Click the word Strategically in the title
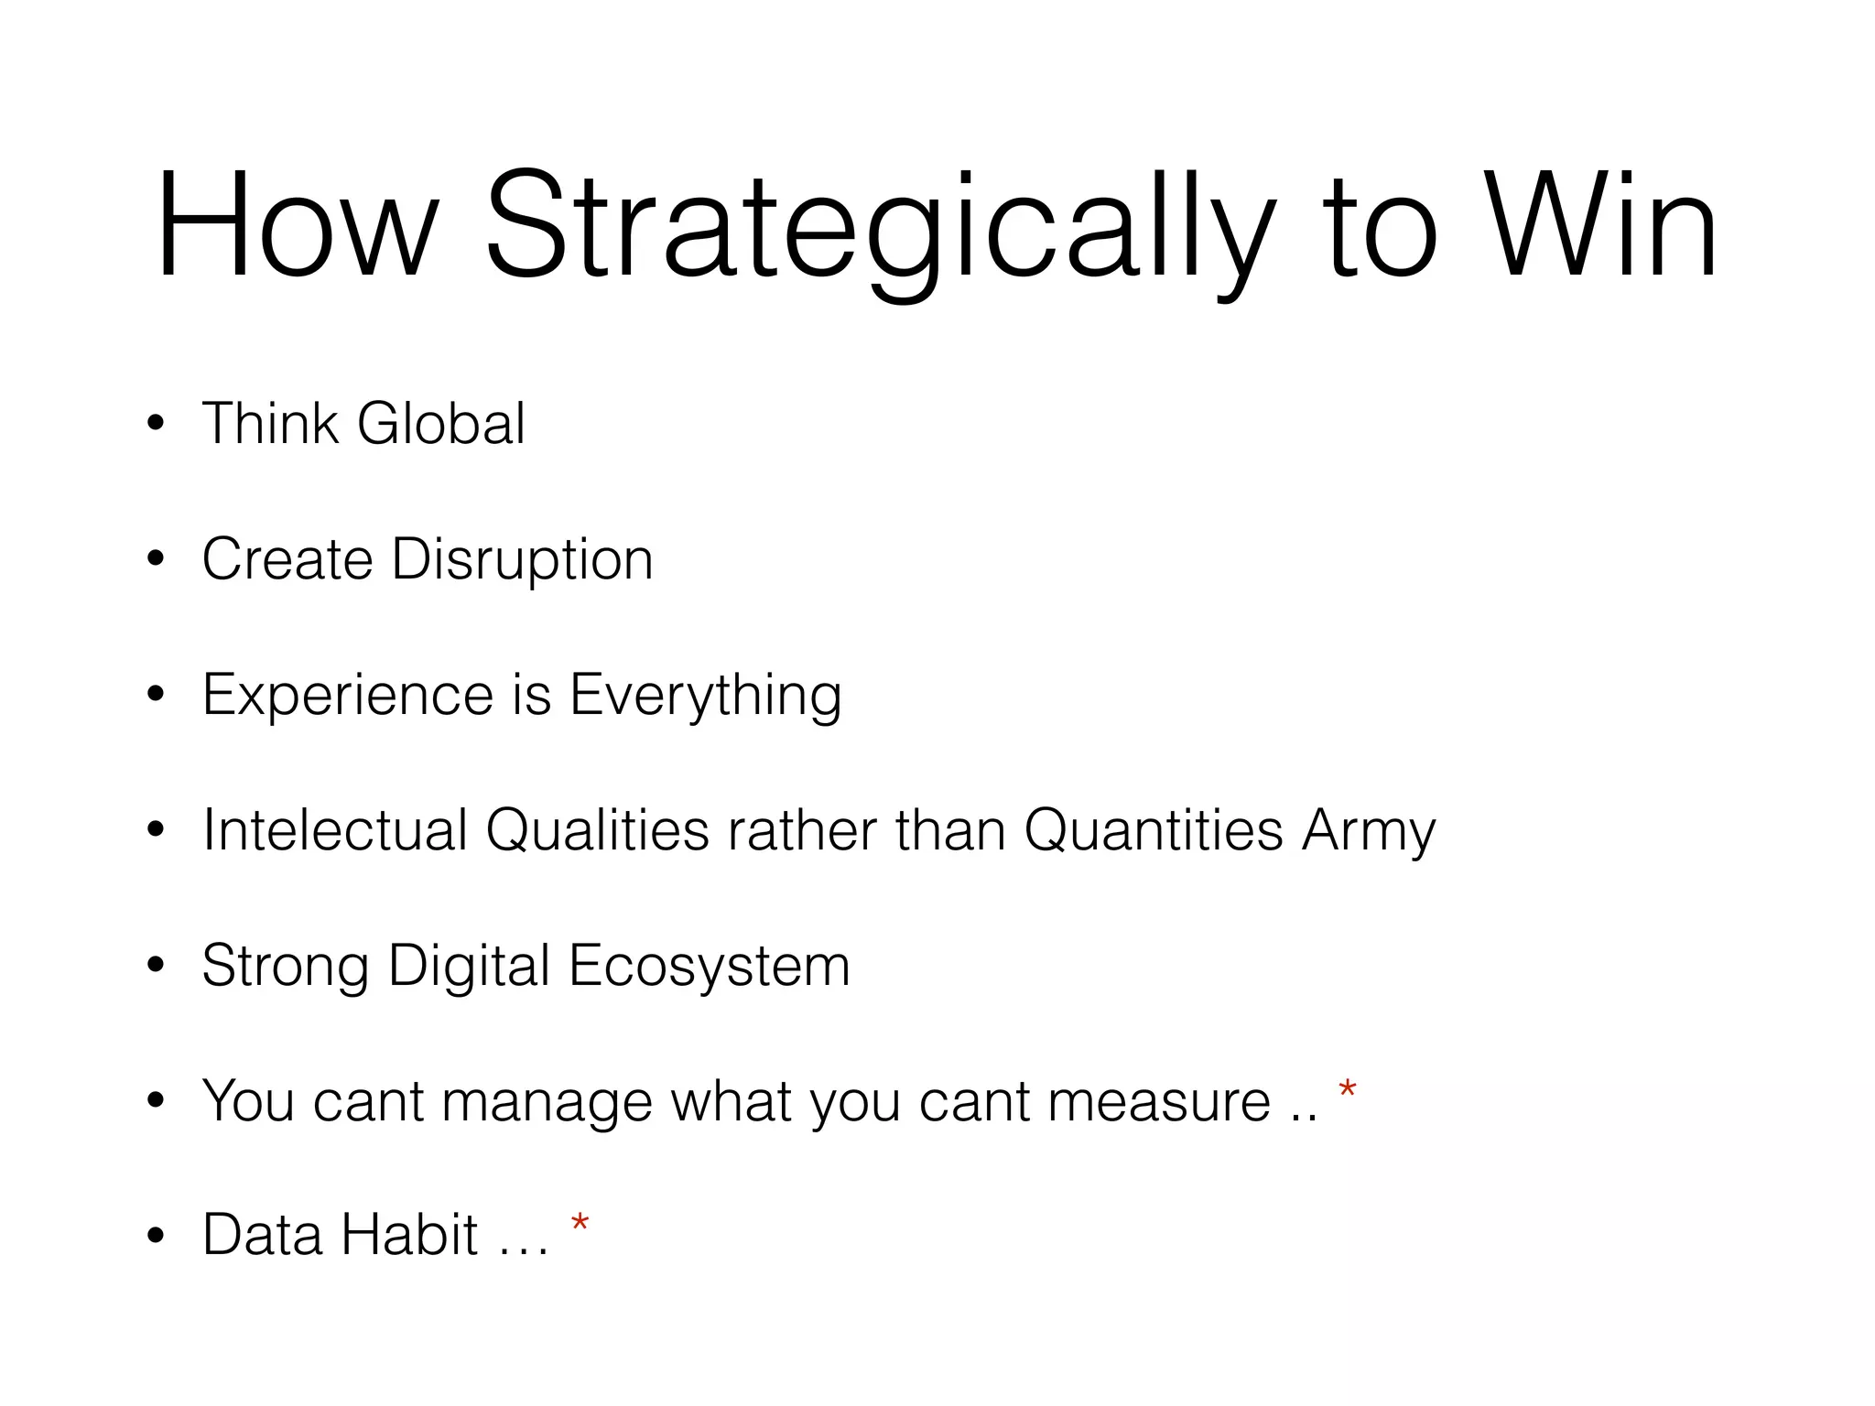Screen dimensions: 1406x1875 coord(879,229)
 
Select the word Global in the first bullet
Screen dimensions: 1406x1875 coord(441,424)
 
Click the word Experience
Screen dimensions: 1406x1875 coord(348,696)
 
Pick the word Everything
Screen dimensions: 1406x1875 coord(705,696)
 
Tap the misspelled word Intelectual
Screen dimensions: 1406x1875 coord(334,830)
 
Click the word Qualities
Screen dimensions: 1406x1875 coord(597,830)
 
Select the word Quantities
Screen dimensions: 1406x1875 coord(1154,830)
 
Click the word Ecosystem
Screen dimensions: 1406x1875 coord(710,967)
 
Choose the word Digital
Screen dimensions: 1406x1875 coord(469,967)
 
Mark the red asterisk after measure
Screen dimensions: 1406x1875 coord(1347,1090)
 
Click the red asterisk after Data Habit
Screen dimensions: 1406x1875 coord(580,1224)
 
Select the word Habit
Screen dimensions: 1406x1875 coord(410,1235)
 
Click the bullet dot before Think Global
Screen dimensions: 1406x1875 coord(156,424)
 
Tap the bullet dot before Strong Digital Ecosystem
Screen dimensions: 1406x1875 coord(156,965)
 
